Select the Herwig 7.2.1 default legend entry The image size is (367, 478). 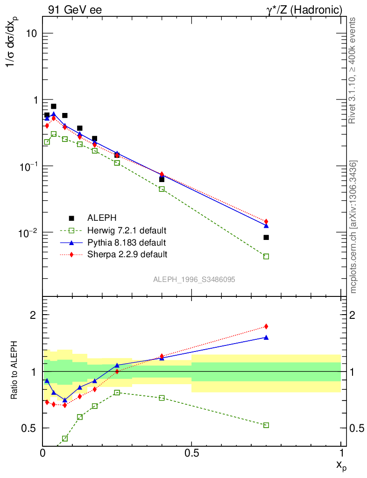pos(127,231)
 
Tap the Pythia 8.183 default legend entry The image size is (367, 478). pos(126,243)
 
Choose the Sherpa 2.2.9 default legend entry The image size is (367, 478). pos(127,255)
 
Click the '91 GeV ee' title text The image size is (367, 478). pos(75,10)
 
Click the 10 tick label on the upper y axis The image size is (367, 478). pos(31,34)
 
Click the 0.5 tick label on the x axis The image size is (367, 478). pos(192,453)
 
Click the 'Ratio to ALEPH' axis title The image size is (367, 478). pos(14,371)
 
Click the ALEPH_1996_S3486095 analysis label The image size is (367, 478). pos(194,280)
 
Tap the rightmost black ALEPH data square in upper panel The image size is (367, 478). pos(266,238)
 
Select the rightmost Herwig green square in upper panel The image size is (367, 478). pos(266,256)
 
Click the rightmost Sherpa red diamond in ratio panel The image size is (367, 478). pos(266,326)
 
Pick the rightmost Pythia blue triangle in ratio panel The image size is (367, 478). pos(266,337)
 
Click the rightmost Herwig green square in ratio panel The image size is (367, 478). pos(266,425)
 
